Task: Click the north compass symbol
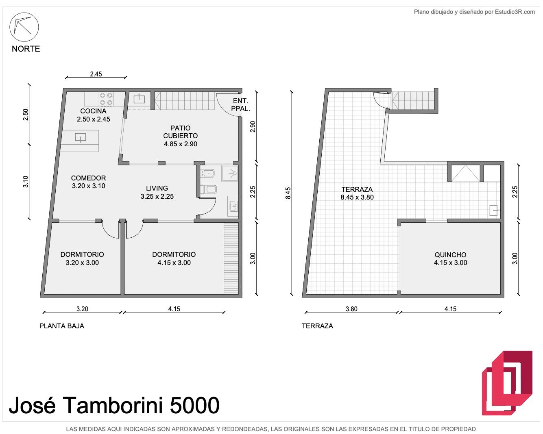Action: click(24, 27)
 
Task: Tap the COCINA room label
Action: click(94, 111)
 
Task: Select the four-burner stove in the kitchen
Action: click(106, 99)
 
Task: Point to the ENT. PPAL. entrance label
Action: click(240, 105)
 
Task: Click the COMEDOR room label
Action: click(88, 178)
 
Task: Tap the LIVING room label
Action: click(157, 188)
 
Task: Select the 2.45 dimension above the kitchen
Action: click(96, 74)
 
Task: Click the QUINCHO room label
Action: click(450, 255)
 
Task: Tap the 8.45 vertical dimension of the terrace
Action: click(288, 193)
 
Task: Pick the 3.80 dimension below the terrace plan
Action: click(351, 309)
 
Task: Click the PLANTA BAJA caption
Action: click(62, 326)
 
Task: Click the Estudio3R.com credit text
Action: click(515, 12)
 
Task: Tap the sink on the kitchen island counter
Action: click(81, 137)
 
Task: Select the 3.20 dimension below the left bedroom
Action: click(82, 309)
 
